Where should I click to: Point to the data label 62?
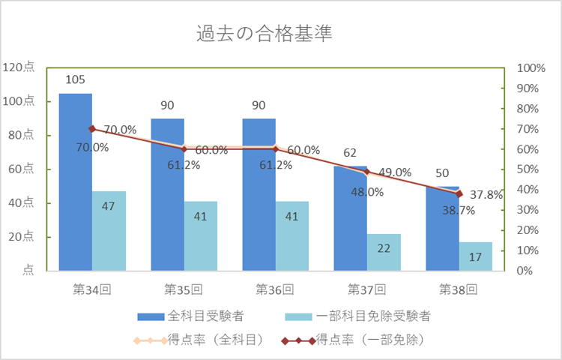(x=350, y=153)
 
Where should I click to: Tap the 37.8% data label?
(x=487, y=194)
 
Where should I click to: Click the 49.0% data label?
(x=395, y=172)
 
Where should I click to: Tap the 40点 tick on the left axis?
(x=22, y=203)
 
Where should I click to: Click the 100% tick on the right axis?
(x=531, y=68)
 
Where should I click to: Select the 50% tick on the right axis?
(x=529, y=169)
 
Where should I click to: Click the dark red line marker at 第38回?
(x=459, y=193)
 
